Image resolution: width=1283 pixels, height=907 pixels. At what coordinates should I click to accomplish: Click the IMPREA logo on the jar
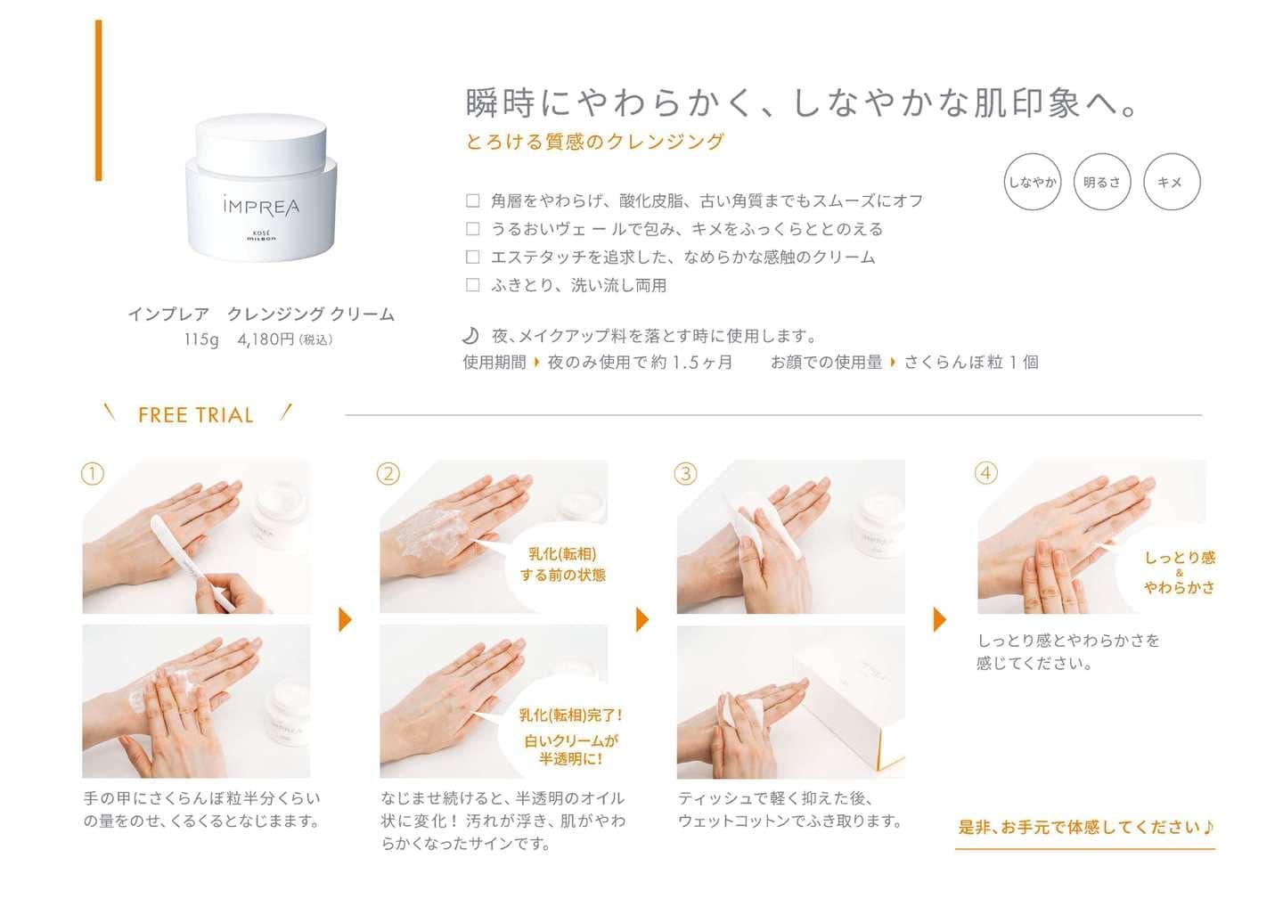[261, 206]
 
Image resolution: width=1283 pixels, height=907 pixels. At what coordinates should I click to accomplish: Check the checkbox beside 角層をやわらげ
[472, 200]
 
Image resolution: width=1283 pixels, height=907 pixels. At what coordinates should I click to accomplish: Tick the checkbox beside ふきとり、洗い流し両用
[472, 284]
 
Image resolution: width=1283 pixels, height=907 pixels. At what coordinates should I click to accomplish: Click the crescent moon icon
[470, 336]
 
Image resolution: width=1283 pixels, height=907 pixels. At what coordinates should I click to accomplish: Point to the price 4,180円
[266, 339]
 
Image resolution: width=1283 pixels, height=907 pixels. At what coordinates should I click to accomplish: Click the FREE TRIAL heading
[196, 415]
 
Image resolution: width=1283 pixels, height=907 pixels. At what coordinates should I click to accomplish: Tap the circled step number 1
[93, 474]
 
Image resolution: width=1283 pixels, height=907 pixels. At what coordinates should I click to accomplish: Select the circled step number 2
[388, 474]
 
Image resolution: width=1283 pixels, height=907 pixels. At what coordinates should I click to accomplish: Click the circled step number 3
[686, 474]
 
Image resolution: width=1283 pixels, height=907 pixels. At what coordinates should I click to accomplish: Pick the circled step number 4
[985, 473]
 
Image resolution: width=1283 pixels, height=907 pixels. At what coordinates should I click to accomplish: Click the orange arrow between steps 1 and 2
[345, 619]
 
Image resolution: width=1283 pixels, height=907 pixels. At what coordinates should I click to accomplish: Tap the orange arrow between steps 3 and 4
[940, 619]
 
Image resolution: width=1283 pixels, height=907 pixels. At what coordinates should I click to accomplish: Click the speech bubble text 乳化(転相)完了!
[570, 715]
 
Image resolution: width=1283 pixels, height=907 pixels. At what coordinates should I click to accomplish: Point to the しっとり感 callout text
[1180, 558]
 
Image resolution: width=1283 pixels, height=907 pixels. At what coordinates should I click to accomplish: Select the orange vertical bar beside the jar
[99, 101]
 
